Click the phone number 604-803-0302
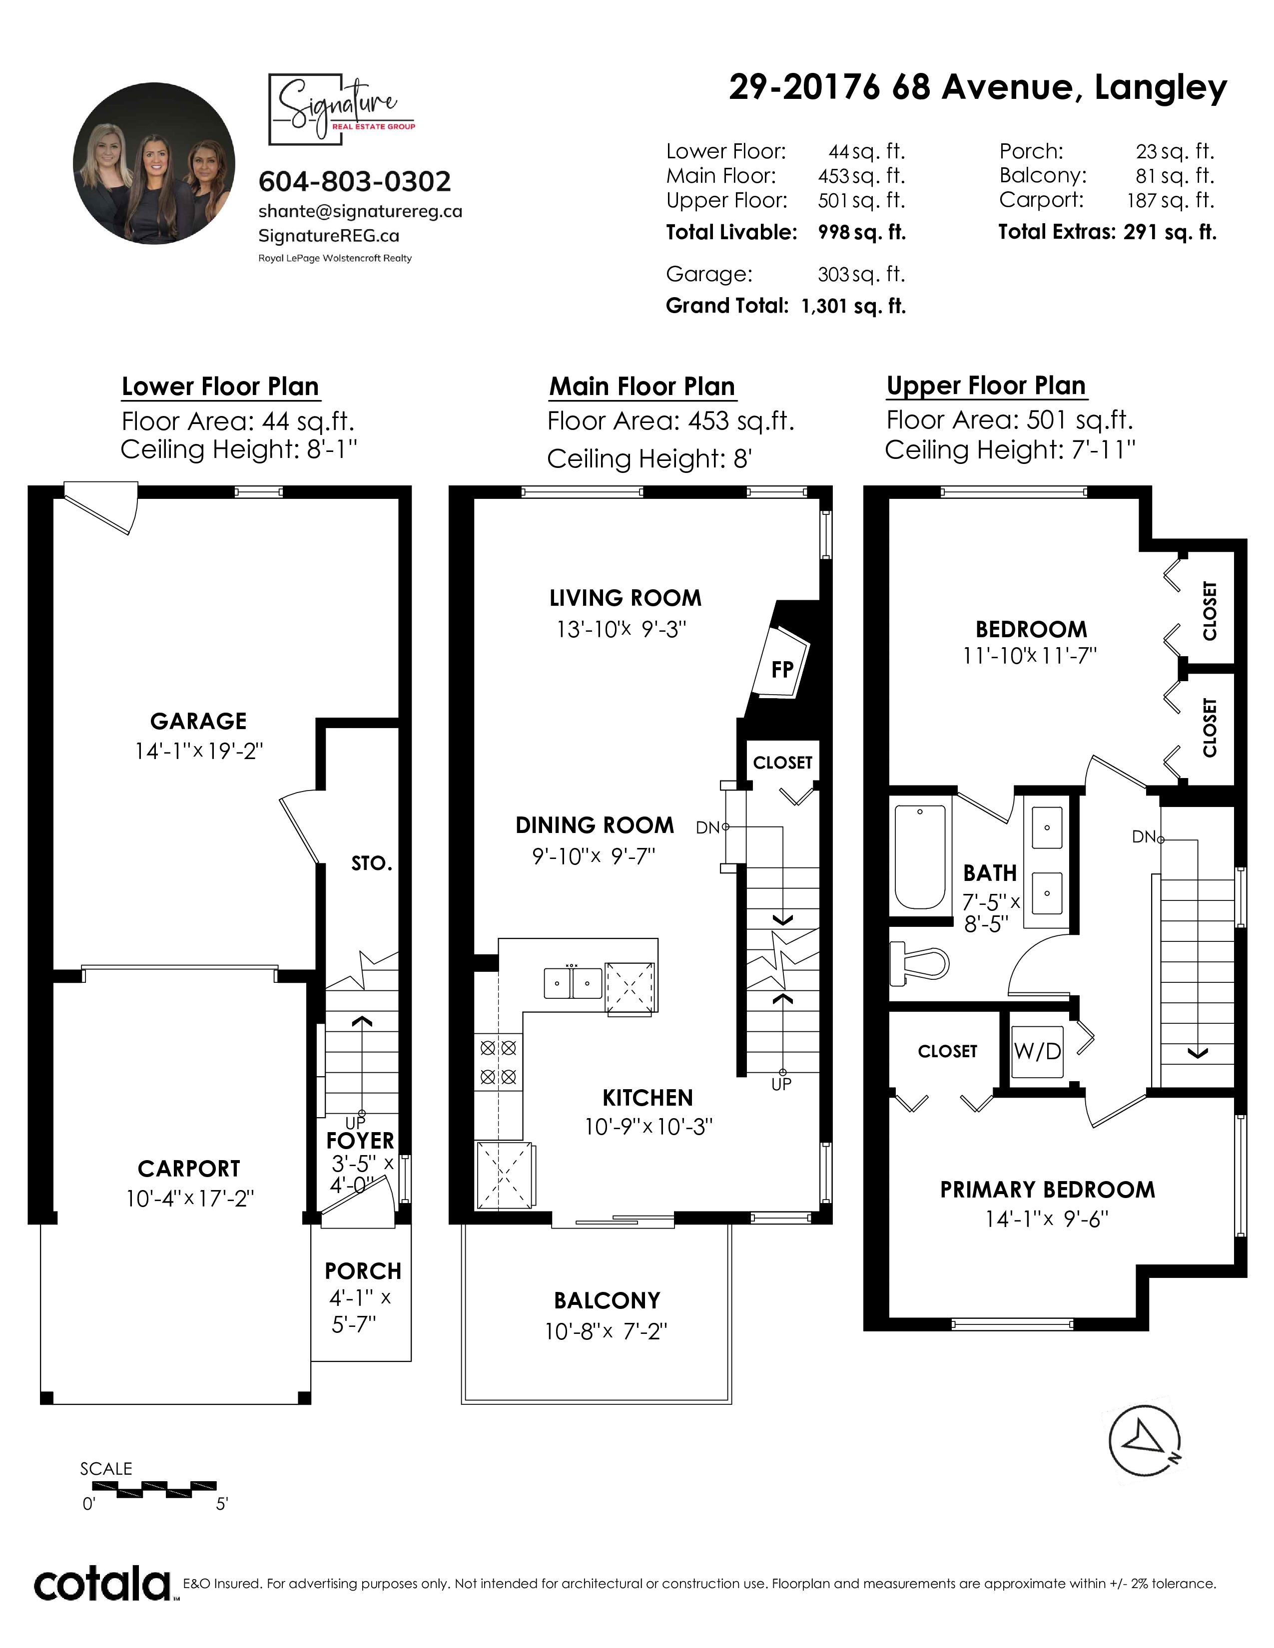[x=355, y=182]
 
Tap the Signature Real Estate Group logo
[x=342, y=109]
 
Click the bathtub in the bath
[x=920, y=857]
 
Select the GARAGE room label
[x=198, y=722]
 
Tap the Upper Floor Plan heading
[x=986, y=386]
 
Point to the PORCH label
[x=363, y=1271]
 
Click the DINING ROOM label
[x=595, y=825]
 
